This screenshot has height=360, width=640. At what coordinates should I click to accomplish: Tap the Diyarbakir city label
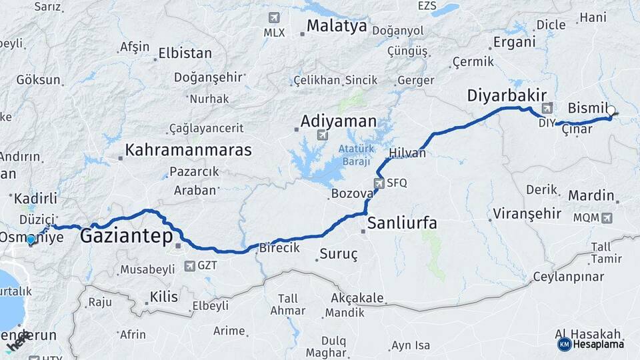[x=507, y=95]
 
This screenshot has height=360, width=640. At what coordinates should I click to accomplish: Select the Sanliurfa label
[x=402, y=223]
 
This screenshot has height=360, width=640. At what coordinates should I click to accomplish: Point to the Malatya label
[x=337, y=27]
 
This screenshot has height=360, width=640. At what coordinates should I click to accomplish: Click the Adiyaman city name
[x=338, y=122]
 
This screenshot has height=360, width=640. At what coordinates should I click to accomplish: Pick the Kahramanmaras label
[x=189, y=149]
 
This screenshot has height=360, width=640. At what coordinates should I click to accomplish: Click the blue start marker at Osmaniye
[x=31, y=239]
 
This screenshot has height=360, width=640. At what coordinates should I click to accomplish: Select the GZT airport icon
[x=189, y=266]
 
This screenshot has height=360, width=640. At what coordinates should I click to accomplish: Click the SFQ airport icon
[x=379, y=182]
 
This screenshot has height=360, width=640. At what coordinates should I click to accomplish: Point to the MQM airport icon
[x=607, y=217]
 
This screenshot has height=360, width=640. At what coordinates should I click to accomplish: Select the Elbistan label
[x=185, y=53]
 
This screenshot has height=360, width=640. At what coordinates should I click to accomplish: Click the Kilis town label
[x=164, y=296]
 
